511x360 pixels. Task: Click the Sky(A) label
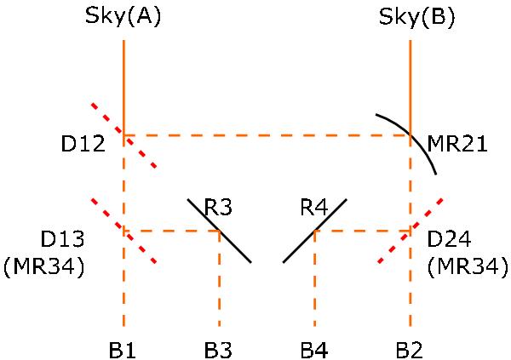123,16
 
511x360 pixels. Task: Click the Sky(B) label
416,16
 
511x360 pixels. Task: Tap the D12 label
83,143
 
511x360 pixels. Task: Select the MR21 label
456,143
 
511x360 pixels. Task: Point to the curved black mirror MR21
411,136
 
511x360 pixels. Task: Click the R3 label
218,207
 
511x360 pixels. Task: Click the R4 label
313,207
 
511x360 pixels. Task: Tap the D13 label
62,239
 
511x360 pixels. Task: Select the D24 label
449,239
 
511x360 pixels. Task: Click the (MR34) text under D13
44,267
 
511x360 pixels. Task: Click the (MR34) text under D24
468,267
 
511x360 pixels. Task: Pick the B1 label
122,351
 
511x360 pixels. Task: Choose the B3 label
218,351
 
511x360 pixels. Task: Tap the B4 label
313,351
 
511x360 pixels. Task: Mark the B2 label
410,351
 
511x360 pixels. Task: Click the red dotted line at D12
123,135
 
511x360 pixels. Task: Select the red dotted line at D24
411,230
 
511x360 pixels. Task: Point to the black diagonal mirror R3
220,231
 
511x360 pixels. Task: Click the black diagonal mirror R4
315,231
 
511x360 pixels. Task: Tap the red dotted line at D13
123,231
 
